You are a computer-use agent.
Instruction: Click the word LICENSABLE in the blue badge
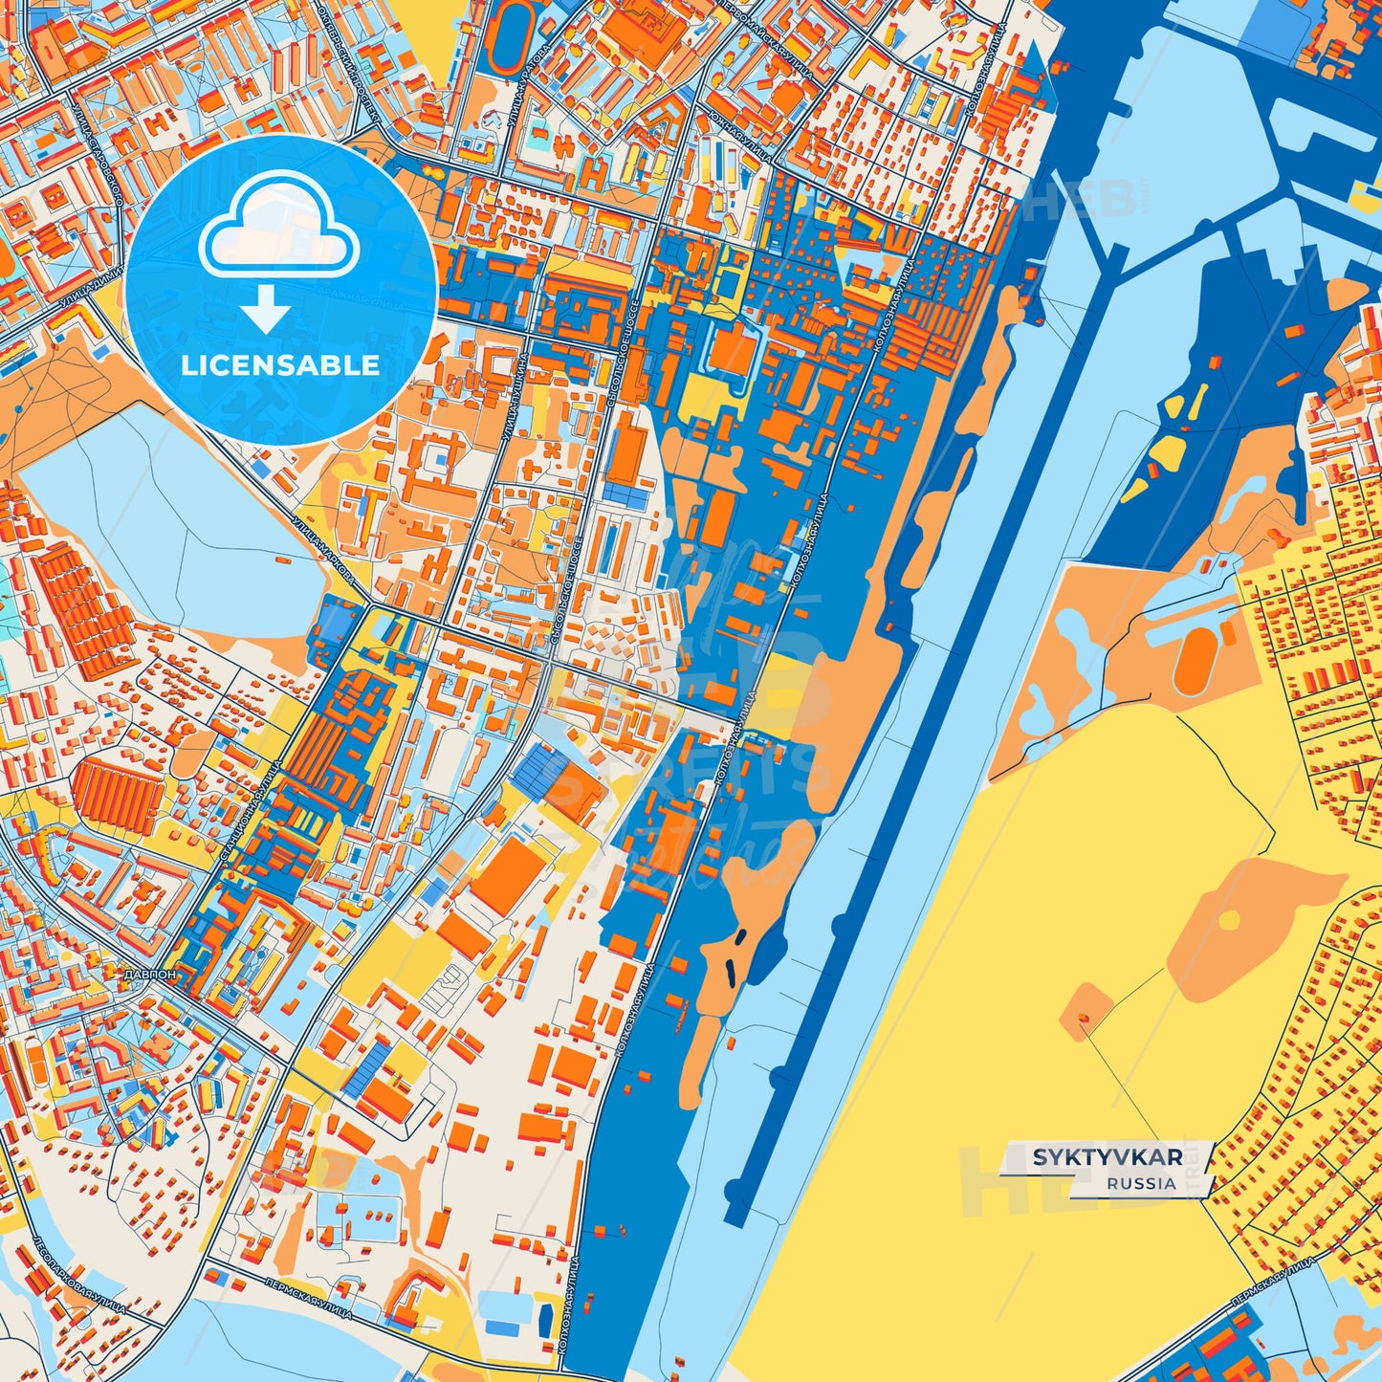280,364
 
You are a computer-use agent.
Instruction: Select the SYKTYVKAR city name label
1107,1157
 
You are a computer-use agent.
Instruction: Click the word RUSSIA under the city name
1141,1183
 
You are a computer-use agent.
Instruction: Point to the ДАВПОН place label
149,975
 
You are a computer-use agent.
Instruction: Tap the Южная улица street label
740,129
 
